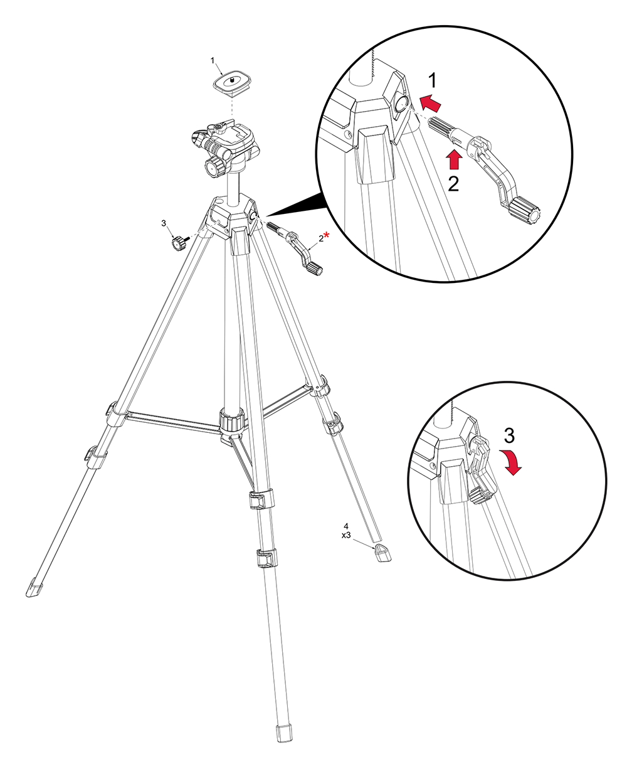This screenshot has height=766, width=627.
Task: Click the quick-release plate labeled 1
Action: click(233, 84)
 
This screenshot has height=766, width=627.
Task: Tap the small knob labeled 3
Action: click(179, 243)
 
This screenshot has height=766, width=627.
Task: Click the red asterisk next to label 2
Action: click(327, 235)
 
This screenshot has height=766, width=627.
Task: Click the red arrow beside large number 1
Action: click(430, 103)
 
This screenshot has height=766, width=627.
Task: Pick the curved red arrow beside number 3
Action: click(511, 461)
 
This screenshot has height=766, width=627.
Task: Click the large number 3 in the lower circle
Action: click(509, 435)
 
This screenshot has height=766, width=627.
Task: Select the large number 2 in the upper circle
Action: click(453, 184)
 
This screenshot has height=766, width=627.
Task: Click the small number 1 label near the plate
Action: click(213, 61)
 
